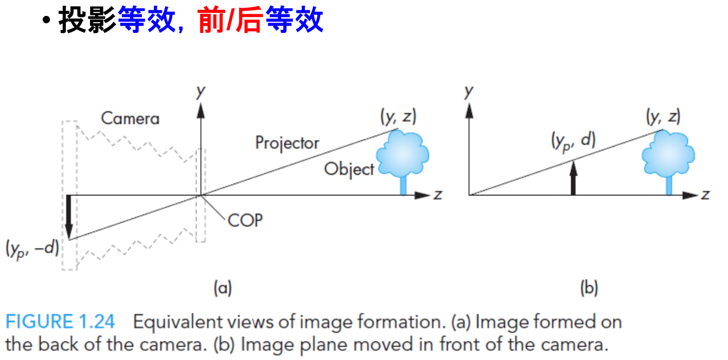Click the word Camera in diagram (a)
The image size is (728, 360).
[130, 119]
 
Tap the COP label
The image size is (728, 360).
[245, 220]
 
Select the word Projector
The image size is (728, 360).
[287, 142]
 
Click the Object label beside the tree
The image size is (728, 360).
[349, 169]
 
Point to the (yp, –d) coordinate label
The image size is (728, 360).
[32, 249]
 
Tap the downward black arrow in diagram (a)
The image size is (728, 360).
[69, 215]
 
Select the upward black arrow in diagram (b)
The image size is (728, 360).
[573, 177]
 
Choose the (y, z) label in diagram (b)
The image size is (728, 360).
[663, 117]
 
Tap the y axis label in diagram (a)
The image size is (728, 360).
[201, 92]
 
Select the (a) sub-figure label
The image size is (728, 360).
[223, 288]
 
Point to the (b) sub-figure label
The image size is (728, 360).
[589, 288]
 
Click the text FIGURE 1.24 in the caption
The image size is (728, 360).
[61, 322]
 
